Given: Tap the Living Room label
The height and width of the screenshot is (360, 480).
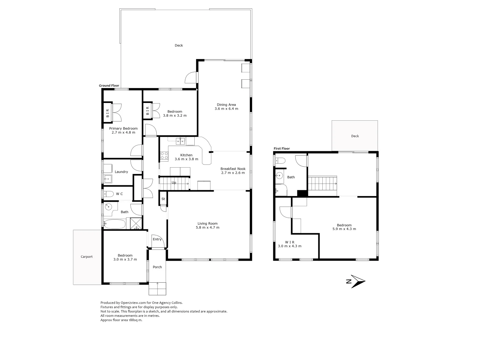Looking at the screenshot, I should tap(207, 224).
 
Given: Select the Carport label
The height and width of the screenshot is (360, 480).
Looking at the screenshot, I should tap(87, 257).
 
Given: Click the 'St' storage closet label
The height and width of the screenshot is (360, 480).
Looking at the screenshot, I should tap(163, 199).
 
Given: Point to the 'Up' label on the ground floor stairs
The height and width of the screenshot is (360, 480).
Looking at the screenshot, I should tap(174, 183).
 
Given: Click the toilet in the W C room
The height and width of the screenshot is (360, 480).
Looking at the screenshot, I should tap(109, 194).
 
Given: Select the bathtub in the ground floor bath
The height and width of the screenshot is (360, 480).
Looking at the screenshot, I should tap(114, 223).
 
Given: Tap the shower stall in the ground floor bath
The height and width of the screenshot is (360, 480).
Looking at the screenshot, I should tap(136, 223).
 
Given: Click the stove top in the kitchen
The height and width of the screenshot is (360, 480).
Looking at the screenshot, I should tap(164, 155).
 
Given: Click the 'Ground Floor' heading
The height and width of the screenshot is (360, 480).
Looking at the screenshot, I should tap(109, 86).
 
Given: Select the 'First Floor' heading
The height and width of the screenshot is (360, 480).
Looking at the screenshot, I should tap(282, 149).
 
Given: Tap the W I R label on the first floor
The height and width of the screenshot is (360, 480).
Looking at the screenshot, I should tap(290, 242).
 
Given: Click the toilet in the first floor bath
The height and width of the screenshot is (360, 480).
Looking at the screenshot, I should tap(280, 161).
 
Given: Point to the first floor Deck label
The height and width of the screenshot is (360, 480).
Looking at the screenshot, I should tap(355, 136).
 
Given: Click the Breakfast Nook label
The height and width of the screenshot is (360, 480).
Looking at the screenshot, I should tap(233, 169).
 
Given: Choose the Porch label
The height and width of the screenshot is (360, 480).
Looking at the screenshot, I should tap(157, 267).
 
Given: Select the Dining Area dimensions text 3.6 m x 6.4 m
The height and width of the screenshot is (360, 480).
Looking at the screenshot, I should tap(226, 109).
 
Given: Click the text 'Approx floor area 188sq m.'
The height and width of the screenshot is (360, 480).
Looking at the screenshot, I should tap(121, 320).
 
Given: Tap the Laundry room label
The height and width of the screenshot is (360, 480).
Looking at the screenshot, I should tap(121, 172).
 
